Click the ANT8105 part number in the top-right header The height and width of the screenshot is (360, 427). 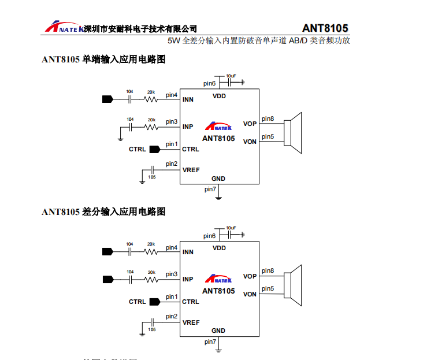click(x=325, y=28)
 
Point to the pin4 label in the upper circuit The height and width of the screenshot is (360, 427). click(x=172, y=95)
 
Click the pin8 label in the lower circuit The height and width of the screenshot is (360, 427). click(x=268, y=271)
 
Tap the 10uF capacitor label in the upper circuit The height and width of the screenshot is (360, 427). click(x=231, y=76)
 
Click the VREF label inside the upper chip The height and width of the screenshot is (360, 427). click(x=191, y=170)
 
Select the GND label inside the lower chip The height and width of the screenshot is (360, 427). click(x=218, y=331)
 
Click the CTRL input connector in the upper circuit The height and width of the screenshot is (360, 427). click(x=154, y=149)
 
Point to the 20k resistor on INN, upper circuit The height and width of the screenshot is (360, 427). click(x=151, y=99)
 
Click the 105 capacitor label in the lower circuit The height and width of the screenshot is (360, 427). click(x=151, y=329)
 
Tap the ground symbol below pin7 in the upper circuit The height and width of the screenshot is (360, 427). click(x=218, y=197)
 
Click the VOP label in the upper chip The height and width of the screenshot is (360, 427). click(x=250, y=124)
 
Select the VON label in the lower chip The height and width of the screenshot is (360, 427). click(x=250, y=294)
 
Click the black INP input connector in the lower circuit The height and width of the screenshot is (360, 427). click(x=107, y=279)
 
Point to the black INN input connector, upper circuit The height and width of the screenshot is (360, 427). click(x=107, y=99)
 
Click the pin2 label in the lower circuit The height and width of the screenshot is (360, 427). click(x=172, y=316)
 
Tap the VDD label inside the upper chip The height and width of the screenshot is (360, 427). click(x=219, y=96)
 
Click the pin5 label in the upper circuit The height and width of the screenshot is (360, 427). click(x=268, y=137)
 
